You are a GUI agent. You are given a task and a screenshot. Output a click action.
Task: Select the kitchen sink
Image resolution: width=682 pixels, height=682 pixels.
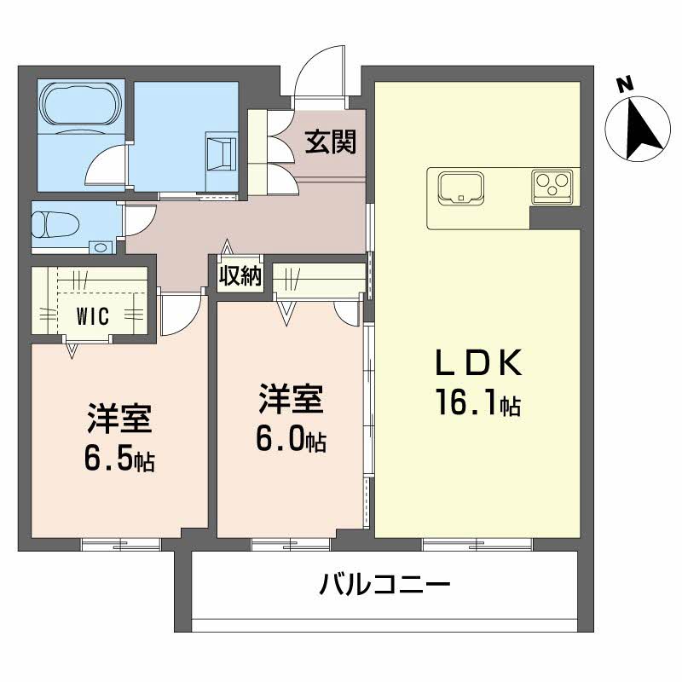coord(460,187)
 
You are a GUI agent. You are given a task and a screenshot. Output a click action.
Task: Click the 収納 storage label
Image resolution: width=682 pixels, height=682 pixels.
coord(240,276)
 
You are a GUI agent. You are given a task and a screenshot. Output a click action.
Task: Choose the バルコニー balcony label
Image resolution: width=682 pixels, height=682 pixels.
coord(384,587)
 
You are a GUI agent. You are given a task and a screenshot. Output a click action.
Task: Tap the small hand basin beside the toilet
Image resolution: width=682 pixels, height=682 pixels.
coord(101,248)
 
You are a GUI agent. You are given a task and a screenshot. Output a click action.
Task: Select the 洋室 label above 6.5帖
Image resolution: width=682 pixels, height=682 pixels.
coord(118,419)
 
